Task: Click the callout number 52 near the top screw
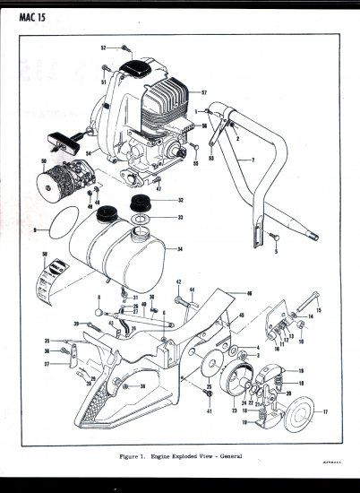tap(103, 47)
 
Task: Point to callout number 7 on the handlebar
tap(253, 161)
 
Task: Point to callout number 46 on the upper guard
tap(249, 294)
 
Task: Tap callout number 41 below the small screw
tap(210, 411)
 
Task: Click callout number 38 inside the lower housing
tap(141, 386)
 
